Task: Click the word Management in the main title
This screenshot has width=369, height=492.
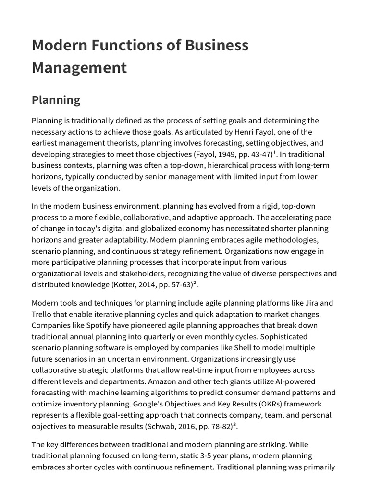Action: tap(79, 67)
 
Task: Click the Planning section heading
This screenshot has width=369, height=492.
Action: tap(56, 100)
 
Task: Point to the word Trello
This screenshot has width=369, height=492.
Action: tap(43, 315)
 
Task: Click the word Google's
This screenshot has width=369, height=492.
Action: tap(168, 404)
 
